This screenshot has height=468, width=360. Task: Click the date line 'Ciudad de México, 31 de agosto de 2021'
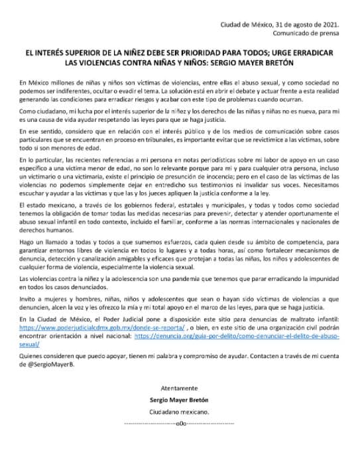pos(281,23)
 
